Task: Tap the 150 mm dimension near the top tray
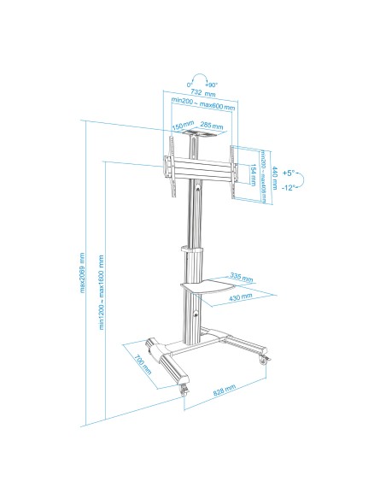[182, 126]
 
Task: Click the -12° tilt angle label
[289, 187]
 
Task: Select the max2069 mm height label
[83, 273]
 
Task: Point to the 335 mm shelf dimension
[241, 278]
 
